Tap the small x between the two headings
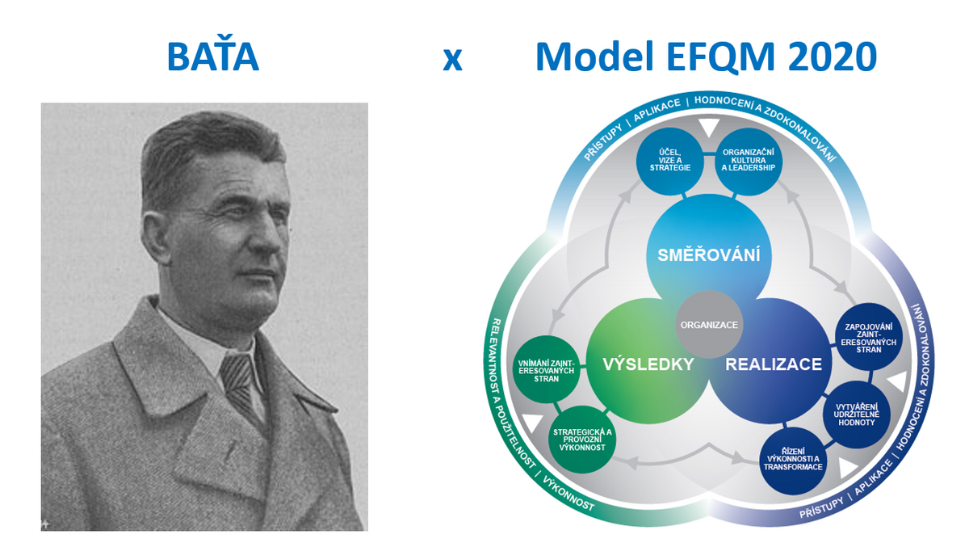(452, 59)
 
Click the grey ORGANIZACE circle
(710, 325)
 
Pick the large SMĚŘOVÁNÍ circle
(709, 256)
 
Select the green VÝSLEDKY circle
(648, 361)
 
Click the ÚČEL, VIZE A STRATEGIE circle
(670, 161)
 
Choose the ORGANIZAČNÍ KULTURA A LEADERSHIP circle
(749, 161)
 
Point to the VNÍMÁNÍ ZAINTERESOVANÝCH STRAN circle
(547, 369)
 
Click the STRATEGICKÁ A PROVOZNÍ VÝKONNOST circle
(582, 440)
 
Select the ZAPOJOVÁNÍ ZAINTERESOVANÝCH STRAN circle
(869, 337)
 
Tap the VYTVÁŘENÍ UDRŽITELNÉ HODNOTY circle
(857, 414)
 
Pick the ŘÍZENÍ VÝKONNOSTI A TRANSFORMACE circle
(793, 461)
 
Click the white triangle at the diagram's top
(709, 127)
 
